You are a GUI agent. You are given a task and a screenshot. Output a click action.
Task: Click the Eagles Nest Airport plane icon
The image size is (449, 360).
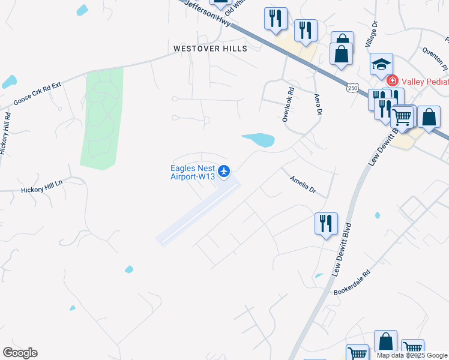coord(224,172)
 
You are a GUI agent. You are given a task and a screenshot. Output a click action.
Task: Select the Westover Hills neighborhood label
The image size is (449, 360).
coord(209,48)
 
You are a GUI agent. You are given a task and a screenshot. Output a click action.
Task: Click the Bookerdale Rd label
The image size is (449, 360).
coord(352,281)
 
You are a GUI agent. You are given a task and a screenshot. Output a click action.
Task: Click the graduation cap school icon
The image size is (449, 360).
coord(381,63)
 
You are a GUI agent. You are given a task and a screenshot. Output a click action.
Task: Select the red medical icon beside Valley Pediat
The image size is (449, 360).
coord(393,80)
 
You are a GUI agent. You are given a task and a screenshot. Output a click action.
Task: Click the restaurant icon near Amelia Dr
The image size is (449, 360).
coord(326,224)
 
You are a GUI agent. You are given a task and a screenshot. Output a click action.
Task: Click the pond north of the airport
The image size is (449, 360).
coord(260,140)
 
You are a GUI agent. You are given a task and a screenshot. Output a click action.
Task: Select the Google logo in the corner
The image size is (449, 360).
coord(20,353)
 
